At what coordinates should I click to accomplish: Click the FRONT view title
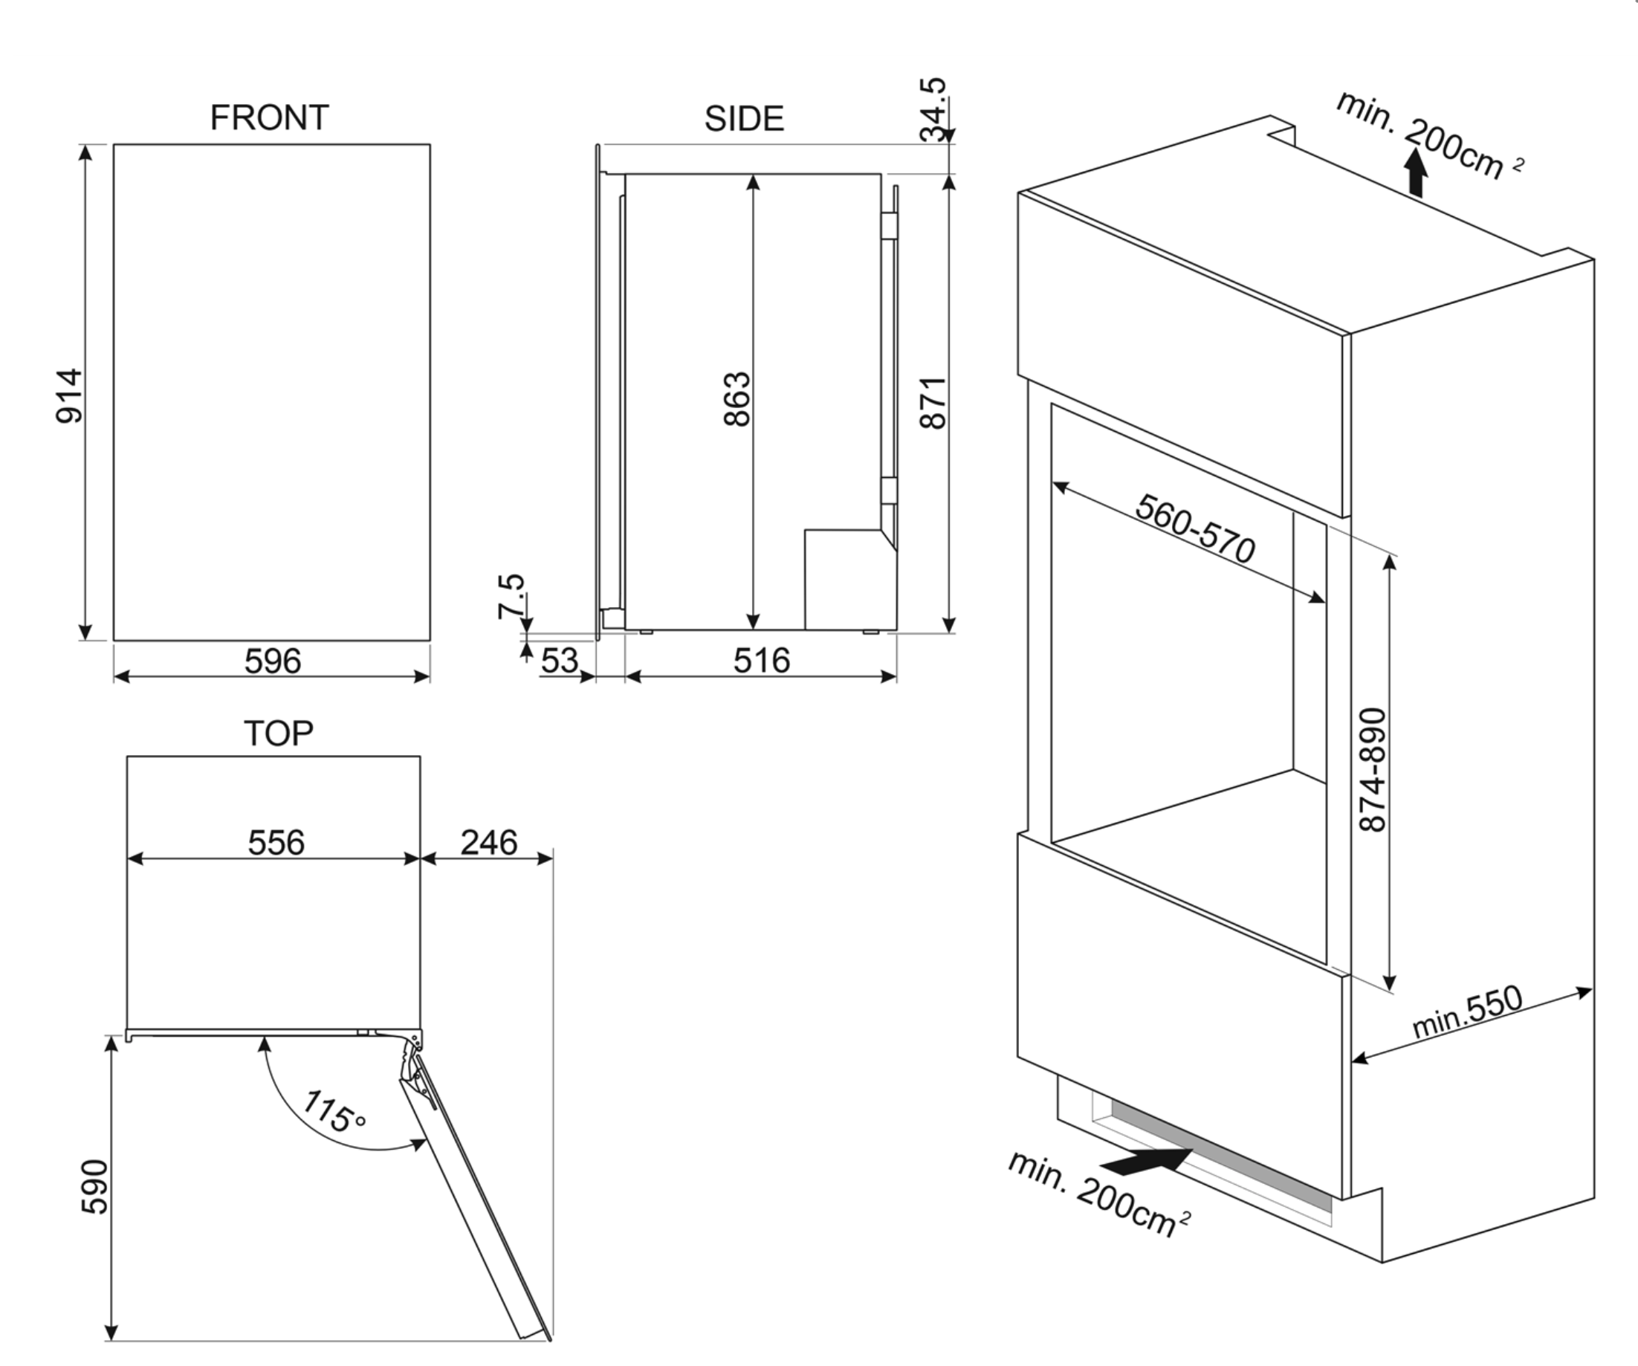point(269,118)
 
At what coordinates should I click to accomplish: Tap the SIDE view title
point(744,119)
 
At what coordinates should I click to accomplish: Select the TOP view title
point(279,734)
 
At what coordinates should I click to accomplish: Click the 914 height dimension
point(69,396)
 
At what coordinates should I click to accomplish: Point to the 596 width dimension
point(272,661)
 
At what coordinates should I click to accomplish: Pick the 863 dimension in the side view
point(737,399)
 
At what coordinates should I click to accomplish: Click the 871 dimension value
point(933,403)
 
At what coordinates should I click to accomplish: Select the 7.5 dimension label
point(511,597)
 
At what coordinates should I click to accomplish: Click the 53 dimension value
point(560,661)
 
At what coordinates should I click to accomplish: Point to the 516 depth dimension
point(761,661)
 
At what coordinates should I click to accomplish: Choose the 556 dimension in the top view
point(276,843)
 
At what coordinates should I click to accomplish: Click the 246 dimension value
point(488,843)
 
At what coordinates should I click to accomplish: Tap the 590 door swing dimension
point(95,1187)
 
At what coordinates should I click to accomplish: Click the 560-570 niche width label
point(1195,528)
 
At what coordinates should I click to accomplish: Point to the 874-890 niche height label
point(1373,769)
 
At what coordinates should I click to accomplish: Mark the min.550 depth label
point(1466,1011)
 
